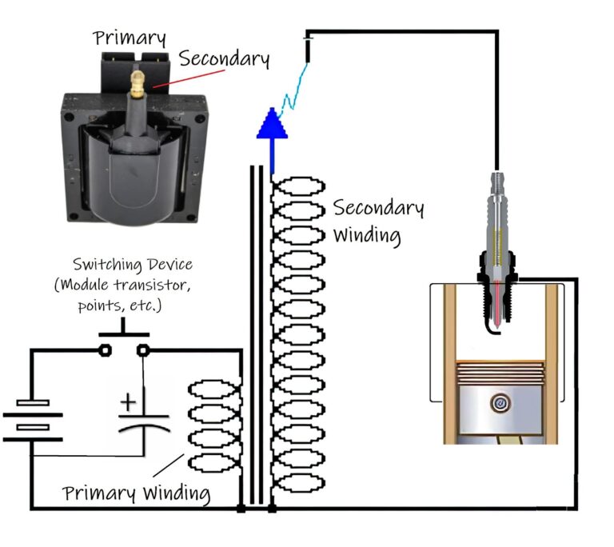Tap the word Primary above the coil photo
(130, 38)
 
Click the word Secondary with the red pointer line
(224, 58)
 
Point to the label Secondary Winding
(377, 222)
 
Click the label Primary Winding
(137, 493)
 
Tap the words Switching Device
(133, 264)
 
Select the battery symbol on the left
(33, 420)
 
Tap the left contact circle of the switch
(104, 349)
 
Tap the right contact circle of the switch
(142, 349)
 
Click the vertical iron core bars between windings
(257, 336)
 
